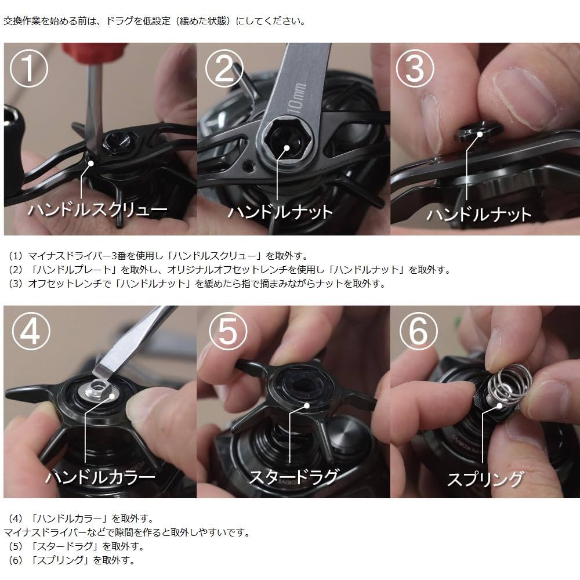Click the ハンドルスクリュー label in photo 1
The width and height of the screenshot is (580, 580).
click(x=97, y=210)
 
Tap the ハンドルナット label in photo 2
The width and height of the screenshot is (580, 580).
click(x=280, y=212)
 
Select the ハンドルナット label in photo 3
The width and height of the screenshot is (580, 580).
click(x=479, y=214)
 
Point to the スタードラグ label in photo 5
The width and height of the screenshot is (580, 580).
click(x=293, y=477)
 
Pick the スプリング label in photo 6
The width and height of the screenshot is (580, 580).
click(x=485, y=479)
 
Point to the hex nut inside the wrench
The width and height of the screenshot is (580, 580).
click(x=280, y=139)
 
